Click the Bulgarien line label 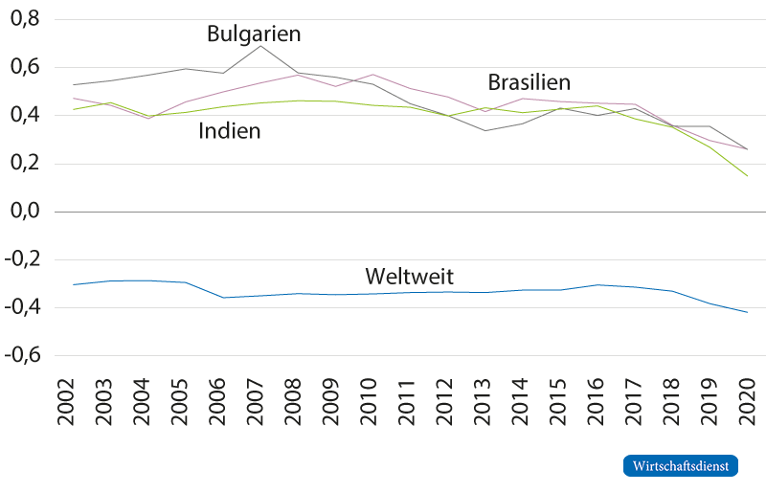[x=254, y=34]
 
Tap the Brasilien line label [x=529, y=81]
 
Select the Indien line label [x=230, y=131]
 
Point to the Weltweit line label [x=409, y=278]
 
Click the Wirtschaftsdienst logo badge [x=682, y=465]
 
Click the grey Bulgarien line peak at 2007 [x=262, y=45]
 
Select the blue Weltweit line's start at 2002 [x=74, y=284]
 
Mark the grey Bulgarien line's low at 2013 [x=486, y=130]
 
